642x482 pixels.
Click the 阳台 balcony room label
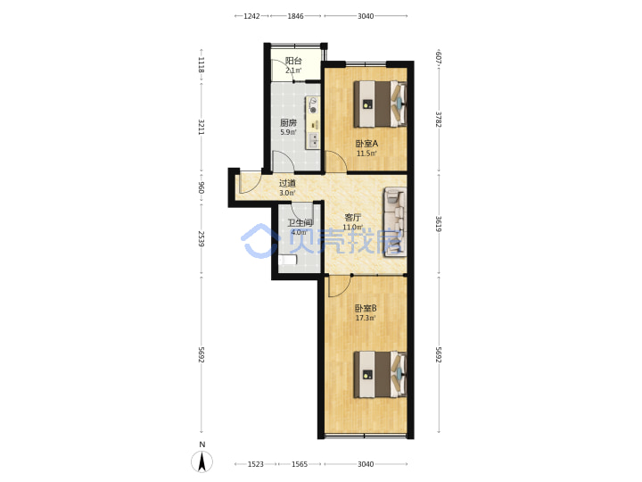click(x=293, y=61)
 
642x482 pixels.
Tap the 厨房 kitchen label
click(x=288, y=122)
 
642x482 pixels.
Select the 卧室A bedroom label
click(x=366, y=144)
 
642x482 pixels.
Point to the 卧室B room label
click(x=366, y=308)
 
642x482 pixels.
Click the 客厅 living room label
click(x=352, y=218)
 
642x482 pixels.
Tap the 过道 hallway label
click(x=287, y=183)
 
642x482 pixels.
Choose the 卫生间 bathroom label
click(x=300, y=223)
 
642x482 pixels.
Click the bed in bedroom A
click(x=380, y=104)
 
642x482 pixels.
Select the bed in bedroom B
click(x=380, y=374)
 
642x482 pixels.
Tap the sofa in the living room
click(x=395, y=221)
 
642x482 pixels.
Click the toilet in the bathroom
click(x=287, y=260)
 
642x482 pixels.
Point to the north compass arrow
click(x=202, y=461)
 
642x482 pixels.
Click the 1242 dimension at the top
click(x=251, y=16)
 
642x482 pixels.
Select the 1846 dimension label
click(x=295, y=16)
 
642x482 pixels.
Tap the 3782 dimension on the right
click(x=439, y=120)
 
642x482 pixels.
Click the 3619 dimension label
click(x=439, y=224)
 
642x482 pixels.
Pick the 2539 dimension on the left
click(x=201, y=239)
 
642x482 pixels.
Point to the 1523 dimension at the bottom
click(x=256, y=464)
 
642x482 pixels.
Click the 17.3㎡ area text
click(x=366, y=318)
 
